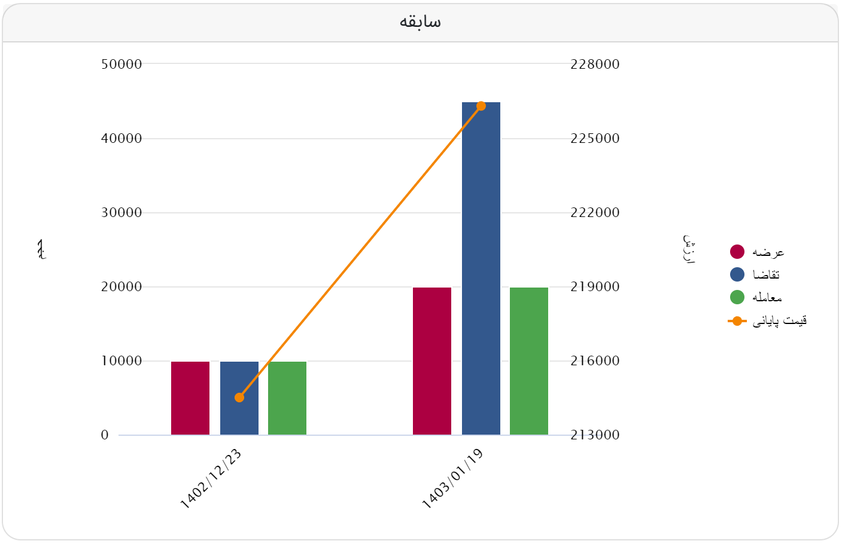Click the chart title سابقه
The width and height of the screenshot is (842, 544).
[x=420, y=22]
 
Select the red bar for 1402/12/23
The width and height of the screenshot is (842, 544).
[x=190, y=398]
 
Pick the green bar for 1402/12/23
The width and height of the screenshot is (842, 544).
[x=287, y=398]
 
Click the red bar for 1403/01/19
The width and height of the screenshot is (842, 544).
[x=432, y=361]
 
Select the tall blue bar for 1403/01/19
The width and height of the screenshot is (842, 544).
[x=481, y=269]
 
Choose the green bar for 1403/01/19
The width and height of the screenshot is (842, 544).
[x=529, y=361]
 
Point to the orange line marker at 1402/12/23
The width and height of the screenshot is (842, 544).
[x=239, y=398]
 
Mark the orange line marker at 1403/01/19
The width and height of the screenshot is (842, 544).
[x=481, y=106]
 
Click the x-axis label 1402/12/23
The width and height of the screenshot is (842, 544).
[x=211, y=479]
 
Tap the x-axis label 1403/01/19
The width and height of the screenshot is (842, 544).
[x=453, y=479]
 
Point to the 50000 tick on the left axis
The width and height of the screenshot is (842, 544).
[x=121, y=64]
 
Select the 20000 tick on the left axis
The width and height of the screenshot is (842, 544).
[x=121, y=286]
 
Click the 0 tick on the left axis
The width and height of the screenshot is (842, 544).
[x=105, y=435]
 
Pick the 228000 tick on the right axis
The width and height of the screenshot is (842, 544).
[x=595, y=64]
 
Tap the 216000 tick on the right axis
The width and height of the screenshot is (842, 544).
[x=595, y=360]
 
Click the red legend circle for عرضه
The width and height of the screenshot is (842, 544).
[x=737, y=252]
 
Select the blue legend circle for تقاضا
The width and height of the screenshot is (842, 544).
[x=737, y=274]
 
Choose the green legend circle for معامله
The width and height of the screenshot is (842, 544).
[x=737, y=297]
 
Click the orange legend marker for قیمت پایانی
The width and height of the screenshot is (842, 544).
[x=737, y=321]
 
